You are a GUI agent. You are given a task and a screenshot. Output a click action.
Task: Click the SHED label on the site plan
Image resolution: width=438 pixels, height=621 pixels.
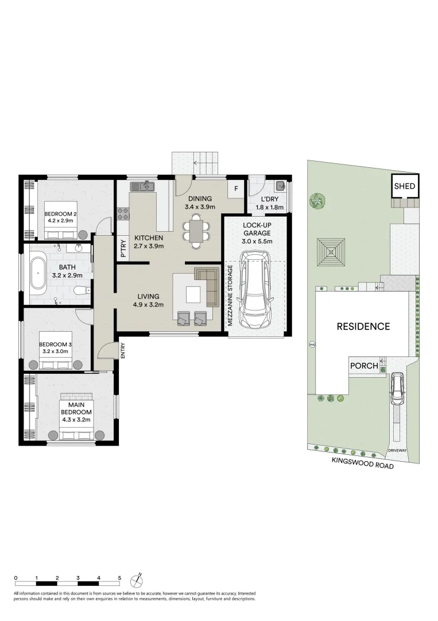click(x=404, y=186)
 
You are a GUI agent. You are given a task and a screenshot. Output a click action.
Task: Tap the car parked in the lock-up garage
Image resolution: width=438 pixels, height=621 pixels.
click(x=254, y=292)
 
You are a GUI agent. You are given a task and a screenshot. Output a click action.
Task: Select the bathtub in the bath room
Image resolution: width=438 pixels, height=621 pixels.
click(x=38, y=273)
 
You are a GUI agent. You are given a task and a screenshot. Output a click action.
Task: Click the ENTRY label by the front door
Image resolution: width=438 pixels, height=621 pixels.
click(x=122, y=351)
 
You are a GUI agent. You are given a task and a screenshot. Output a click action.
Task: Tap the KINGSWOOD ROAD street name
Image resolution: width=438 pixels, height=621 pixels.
click(x=363, y=466)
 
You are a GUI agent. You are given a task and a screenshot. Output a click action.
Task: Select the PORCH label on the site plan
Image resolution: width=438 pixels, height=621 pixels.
click(x=364, y=366)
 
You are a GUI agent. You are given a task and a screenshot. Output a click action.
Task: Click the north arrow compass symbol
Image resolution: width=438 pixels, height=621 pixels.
click(x=137, y=579)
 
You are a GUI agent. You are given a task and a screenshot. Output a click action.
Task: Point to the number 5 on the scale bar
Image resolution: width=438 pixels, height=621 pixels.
click(x=119, y=577)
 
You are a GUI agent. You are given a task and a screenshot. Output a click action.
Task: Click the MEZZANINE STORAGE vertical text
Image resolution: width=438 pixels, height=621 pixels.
click(x=230, y=295)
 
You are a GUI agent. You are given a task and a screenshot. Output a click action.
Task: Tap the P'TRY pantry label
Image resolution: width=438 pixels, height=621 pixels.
click(x=122, y=248)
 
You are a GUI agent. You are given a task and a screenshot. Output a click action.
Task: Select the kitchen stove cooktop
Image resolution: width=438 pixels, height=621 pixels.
click(x=123, y=213)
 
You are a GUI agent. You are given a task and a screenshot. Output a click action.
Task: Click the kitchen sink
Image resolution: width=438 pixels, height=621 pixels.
click(x=142, y=186)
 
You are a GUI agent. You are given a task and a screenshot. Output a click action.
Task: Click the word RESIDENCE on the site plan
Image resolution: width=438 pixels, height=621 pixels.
click(x=363, y=327)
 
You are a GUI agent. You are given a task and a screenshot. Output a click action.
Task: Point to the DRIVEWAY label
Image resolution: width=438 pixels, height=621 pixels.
click(x=397, y=450)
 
